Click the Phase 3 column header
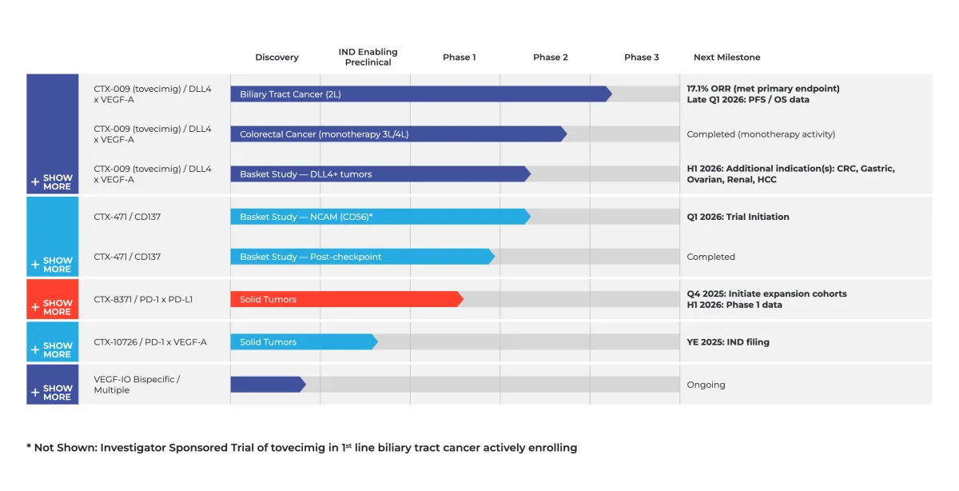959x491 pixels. pos(642,58)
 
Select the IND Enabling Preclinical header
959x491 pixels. pos(368,57)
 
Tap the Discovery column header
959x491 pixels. pos(277,58)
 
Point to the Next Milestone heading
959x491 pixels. pos(726,58)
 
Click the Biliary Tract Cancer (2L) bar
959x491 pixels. pos(420,94)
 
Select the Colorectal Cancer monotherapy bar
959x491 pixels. pos(397,134)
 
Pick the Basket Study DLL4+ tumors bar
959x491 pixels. pos(380,174)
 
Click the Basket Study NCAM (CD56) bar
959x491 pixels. pos(380,217)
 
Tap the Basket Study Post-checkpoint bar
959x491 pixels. pos(361,257)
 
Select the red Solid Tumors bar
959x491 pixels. pos(345,299)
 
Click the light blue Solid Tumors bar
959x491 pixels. pos(303,342)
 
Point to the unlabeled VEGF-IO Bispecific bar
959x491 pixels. pos(267,385)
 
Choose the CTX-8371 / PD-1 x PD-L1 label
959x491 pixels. pos(143,300)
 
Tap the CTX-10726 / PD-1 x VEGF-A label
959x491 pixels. pos(150,342)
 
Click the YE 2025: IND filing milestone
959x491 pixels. pos(728,342)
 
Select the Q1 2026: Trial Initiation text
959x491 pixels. pos(738,217)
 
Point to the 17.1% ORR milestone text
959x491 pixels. pos(763,89)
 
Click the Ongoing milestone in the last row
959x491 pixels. pos(706,385)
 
